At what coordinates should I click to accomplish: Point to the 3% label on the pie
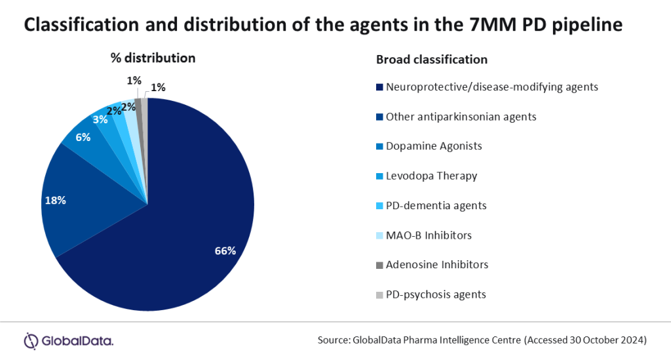[100, 120]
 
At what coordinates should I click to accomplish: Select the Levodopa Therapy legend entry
[431, 176]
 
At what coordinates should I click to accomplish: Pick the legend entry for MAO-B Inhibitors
[429, 235]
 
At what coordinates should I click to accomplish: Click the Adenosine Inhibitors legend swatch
[379, 265]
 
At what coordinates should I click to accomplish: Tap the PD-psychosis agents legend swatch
[379, 294]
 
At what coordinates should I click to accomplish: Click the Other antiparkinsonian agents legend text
[461, 116]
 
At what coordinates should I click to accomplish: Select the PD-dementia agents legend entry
[436, 205]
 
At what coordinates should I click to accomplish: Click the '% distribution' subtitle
[153, 58]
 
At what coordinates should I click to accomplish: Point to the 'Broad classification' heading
[431, 59]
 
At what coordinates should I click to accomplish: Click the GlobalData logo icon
[31, 340]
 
